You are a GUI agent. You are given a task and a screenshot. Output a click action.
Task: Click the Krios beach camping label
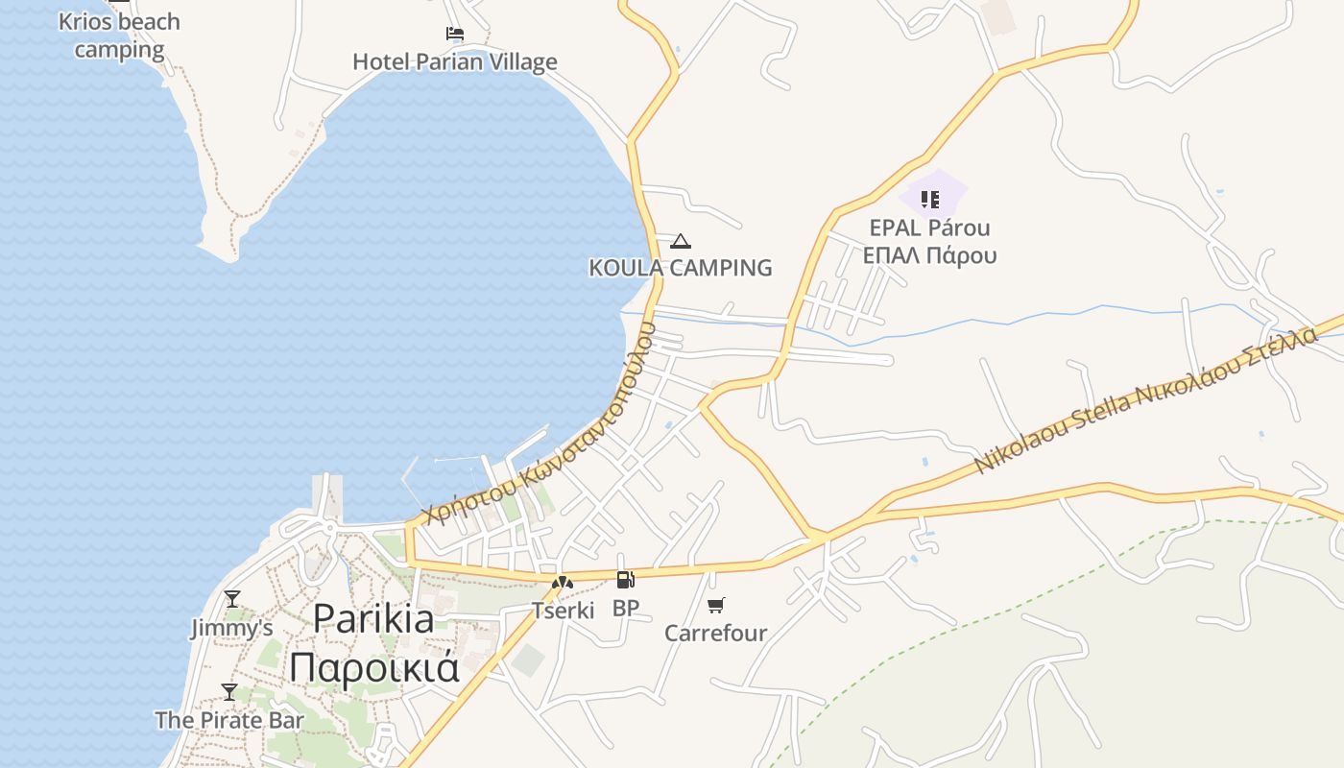(x=119, y=36)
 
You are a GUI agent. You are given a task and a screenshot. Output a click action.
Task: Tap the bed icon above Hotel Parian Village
(x=455, y=34)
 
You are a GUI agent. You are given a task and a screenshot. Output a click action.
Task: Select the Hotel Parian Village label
(x=455, y=62)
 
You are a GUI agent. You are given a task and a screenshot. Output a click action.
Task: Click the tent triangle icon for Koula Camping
(x=681, y=241)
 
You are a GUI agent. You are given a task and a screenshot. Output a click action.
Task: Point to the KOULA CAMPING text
(x=681, y=268)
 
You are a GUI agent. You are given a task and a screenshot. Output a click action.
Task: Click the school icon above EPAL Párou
(x=929, y=200)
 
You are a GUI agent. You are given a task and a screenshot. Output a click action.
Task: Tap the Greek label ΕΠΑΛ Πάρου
(x=929, y=255)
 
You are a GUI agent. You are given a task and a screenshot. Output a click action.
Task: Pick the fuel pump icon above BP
(x=625, y=579)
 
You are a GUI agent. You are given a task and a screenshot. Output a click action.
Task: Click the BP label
(x=625, y=608)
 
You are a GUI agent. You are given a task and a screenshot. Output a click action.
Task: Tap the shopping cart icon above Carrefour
(x=716, y=605)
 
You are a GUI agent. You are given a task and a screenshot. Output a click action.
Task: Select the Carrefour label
(x=716, y=634)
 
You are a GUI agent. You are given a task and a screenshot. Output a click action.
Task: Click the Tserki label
(x=564, y=611)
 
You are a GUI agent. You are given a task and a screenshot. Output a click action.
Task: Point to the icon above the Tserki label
(x=563, y=582)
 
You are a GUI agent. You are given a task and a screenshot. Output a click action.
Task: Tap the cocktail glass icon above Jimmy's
(x=231, y=599)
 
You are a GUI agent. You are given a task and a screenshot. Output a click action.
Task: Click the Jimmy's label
(x=231, y=629)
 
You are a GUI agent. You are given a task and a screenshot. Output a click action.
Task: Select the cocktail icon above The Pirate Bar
(x=229, y=691)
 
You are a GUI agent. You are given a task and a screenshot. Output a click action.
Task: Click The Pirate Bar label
(x=229, y=720)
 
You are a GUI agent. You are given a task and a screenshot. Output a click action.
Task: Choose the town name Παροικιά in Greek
(x=374, y=667)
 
